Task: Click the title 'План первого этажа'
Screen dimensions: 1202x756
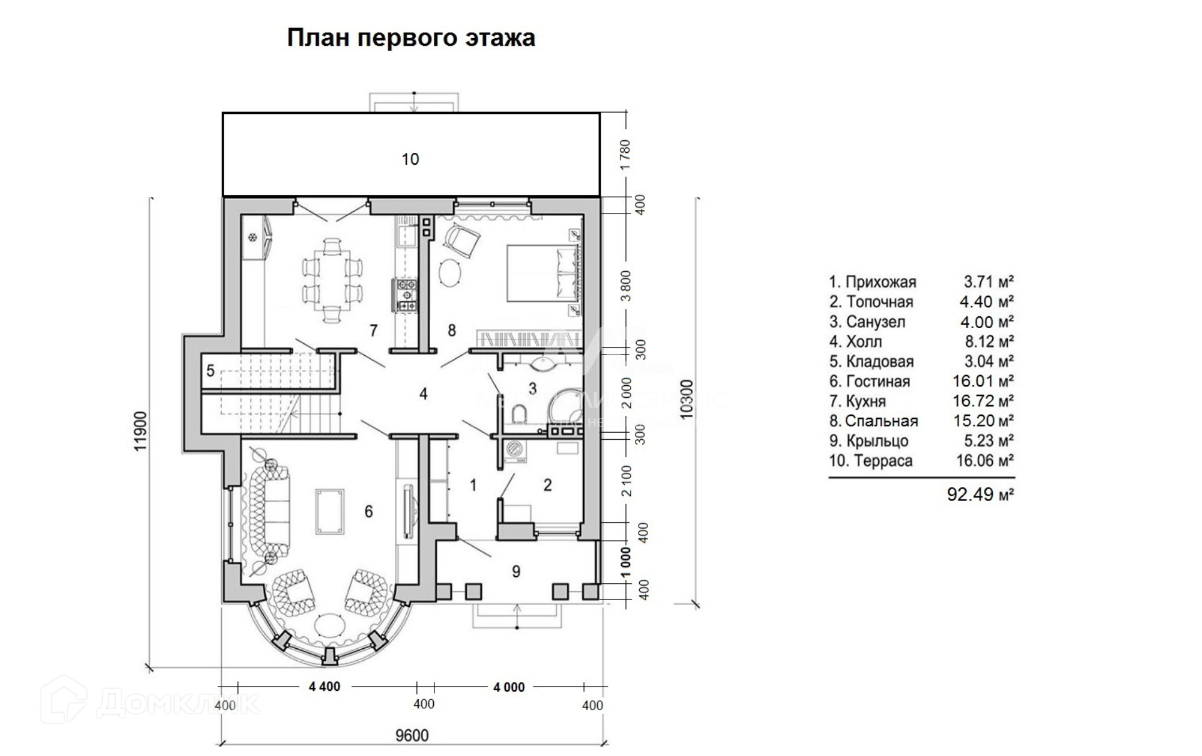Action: pyautogui.click(x=411, y=38)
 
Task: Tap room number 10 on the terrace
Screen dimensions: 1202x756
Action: pyautogui.click(x=410, y=159)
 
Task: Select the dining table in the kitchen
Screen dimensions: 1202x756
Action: pyautogui.click(x=332, y=280)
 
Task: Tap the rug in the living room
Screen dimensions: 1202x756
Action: pyautogui.click(x=330, y=511)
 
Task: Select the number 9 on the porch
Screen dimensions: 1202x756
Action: pyautogui.click(x=516, y=571)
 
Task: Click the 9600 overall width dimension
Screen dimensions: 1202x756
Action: pyautogui.click(x=411, y=735)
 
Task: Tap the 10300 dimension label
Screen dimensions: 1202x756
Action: pyautogui.click(x=687, y=400)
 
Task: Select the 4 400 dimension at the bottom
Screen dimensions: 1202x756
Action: pyautogui.click(x=324, y=686)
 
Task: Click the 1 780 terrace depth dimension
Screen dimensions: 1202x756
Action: pyautogui.click(x=625, y=155)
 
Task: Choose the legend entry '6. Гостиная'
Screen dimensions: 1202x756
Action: pyautogui.click(x=870, y=381)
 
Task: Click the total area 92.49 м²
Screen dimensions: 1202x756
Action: pyautogui.click(x=980, y=495)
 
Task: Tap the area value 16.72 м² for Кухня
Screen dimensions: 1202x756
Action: pyautogui.click(x=983, y=401)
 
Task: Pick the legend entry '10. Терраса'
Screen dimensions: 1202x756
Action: pyautogui.click(x=871, y=461)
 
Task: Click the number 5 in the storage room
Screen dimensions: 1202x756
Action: pyautogui.click(x=210, y=371)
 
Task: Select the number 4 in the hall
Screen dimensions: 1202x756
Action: pyautogui.click(x=423, y=394)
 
